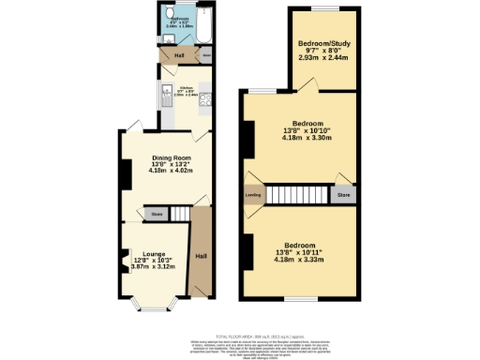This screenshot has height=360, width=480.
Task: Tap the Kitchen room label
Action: [185, 90]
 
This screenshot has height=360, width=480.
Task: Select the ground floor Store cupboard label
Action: [157, 215]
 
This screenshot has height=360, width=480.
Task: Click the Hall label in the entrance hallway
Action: [201, 255]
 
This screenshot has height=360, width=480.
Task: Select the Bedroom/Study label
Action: [322, 44]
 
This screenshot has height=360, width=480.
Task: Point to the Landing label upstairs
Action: [253, 195]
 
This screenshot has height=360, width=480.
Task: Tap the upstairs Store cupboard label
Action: [343, 196]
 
